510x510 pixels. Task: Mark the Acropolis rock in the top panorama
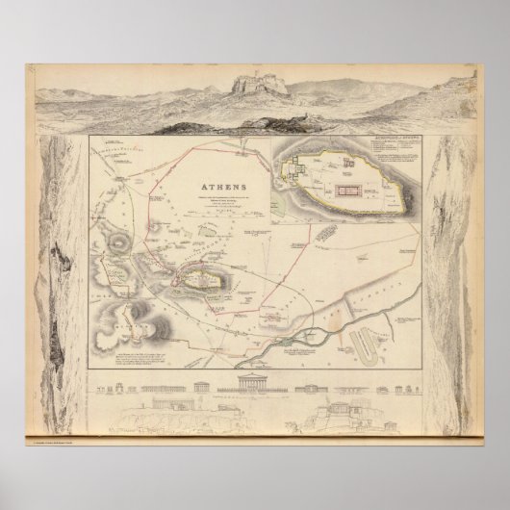click(251, 90)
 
